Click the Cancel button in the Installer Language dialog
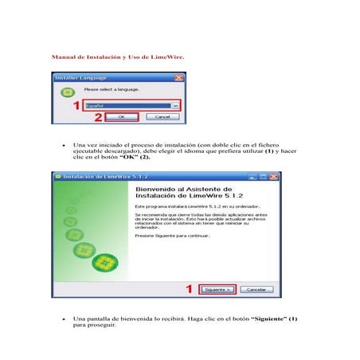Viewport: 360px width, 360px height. click(161, 116)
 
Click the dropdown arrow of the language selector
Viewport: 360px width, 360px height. click(174, 105)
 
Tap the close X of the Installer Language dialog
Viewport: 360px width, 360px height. click(179, 78)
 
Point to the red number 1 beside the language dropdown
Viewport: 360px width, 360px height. click(76, 105)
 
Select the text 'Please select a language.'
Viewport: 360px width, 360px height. click(112, 90)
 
